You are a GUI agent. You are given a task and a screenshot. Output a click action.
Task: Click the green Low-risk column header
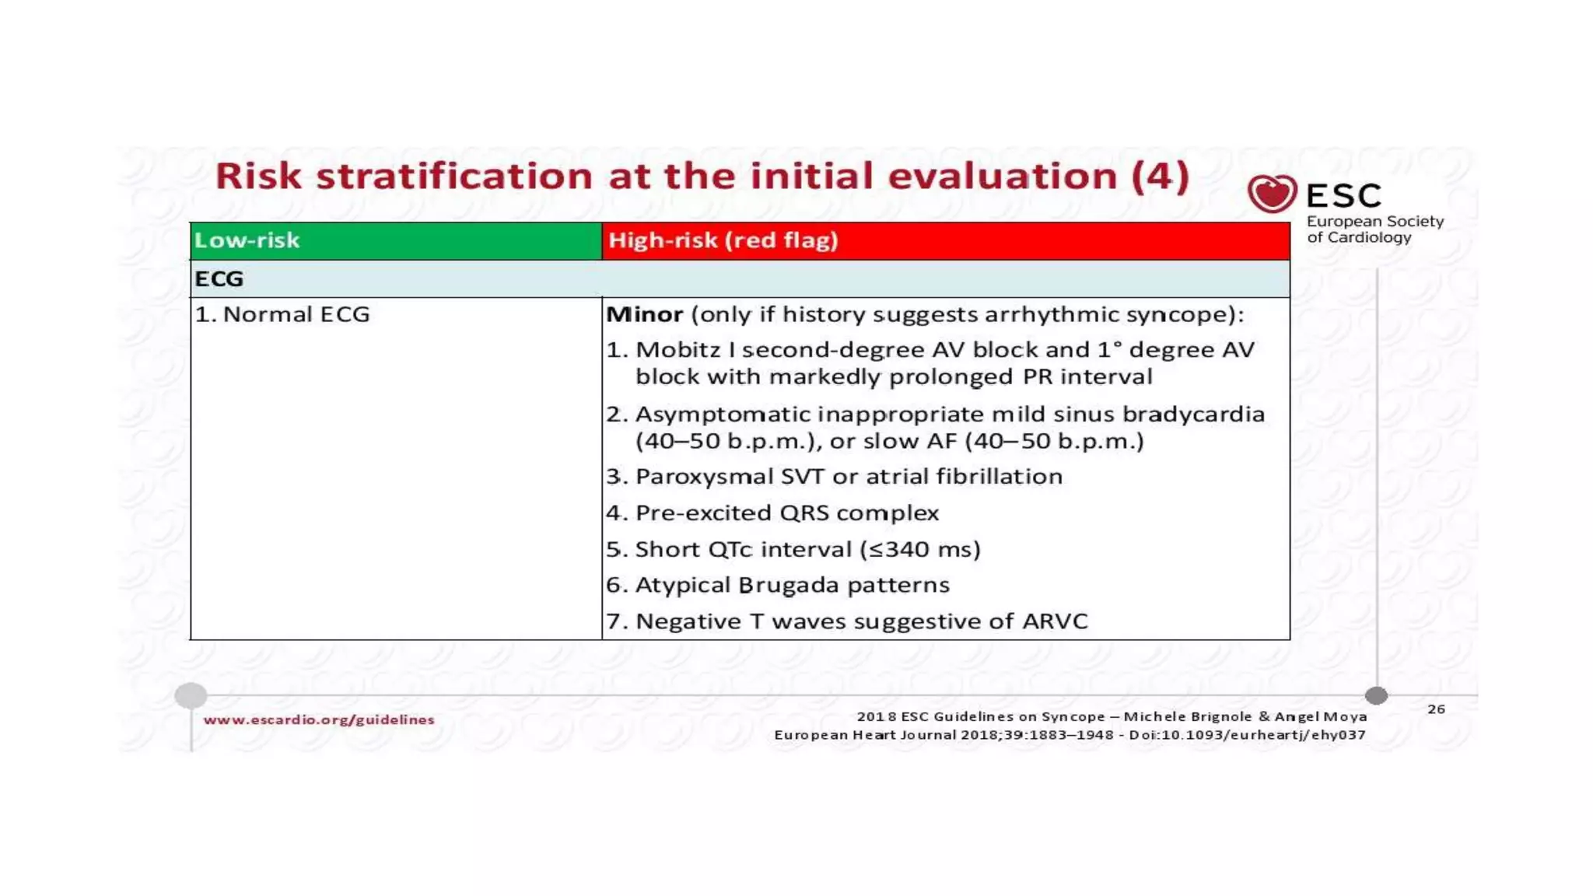(x=247, y=240)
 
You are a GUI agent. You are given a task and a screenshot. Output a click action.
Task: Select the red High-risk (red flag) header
(x=723, y=240)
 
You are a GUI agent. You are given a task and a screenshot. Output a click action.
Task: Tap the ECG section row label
(x=219, y=278)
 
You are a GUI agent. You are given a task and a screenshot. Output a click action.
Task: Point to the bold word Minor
(x=644, y=314)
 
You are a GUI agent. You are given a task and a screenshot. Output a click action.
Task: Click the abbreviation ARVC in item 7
(x=1055, y=621)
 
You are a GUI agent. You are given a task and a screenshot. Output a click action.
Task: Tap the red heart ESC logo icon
(x=1272, y=194)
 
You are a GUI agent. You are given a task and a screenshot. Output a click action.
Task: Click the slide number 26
(x=1436, y=709)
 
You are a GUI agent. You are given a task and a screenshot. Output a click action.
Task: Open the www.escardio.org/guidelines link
(x=319, y=720)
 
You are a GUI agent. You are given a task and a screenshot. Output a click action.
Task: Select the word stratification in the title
(x=455, y=177)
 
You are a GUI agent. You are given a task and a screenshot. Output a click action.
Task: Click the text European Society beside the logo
(x=1374, y=222)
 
